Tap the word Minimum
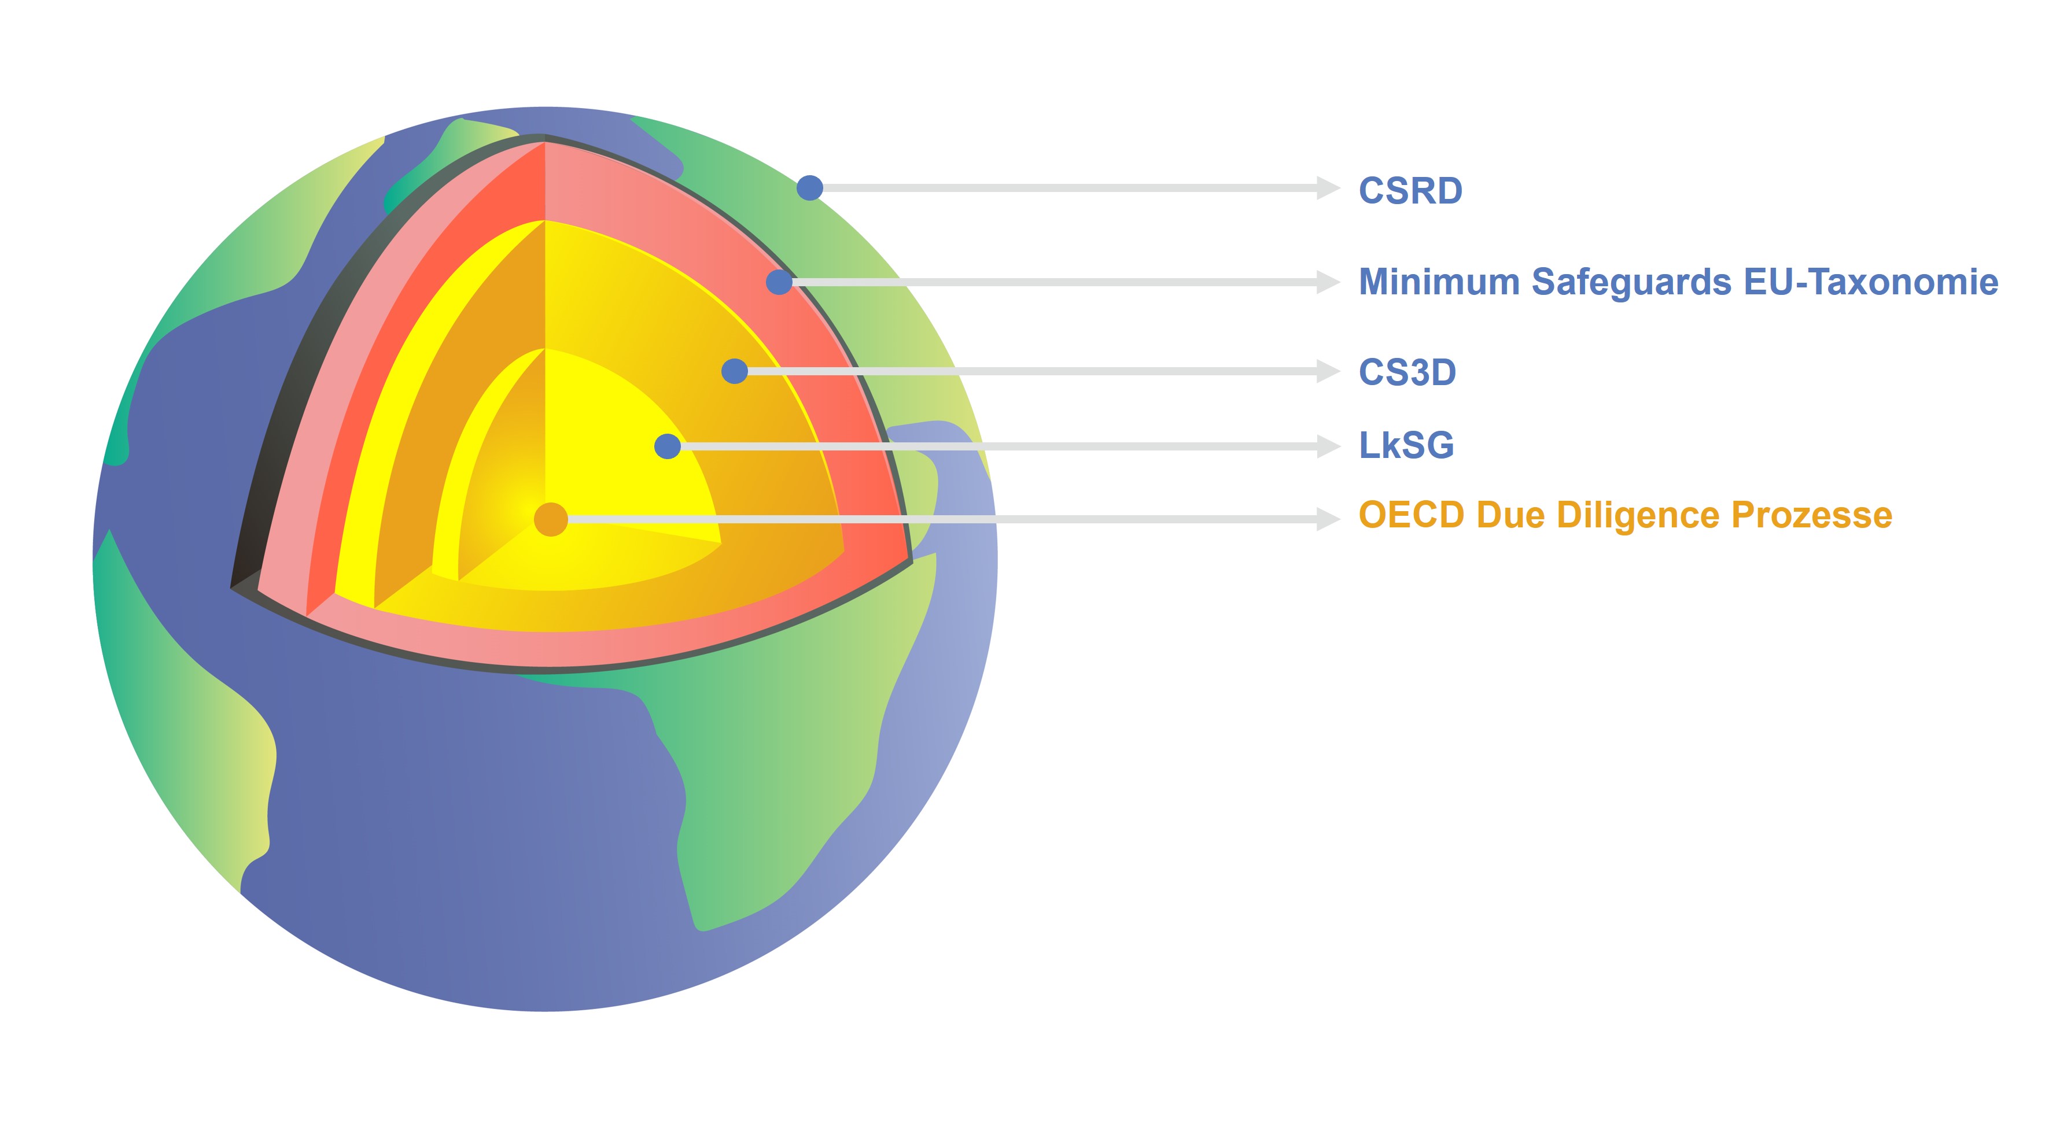coord(1439,282)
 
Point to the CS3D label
coord(1407,372)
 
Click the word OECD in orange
coord(1412,515)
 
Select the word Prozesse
coord(1812,515)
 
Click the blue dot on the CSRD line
coord(810,188)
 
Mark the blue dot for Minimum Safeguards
coord(780,282)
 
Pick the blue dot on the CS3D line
coord(734,371)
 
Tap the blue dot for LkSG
coord(668,446)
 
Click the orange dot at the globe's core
coord(551,519)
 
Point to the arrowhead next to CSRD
coord(1328,188)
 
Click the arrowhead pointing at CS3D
coord(1328,371)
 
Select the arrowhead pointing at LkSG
coord(1328,446)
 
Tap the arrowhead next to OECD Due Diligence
coord(1328,519)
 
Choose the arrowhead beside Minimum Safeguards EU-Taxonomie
coord(1328,282)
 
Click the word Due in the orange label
coord(1510,515)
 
